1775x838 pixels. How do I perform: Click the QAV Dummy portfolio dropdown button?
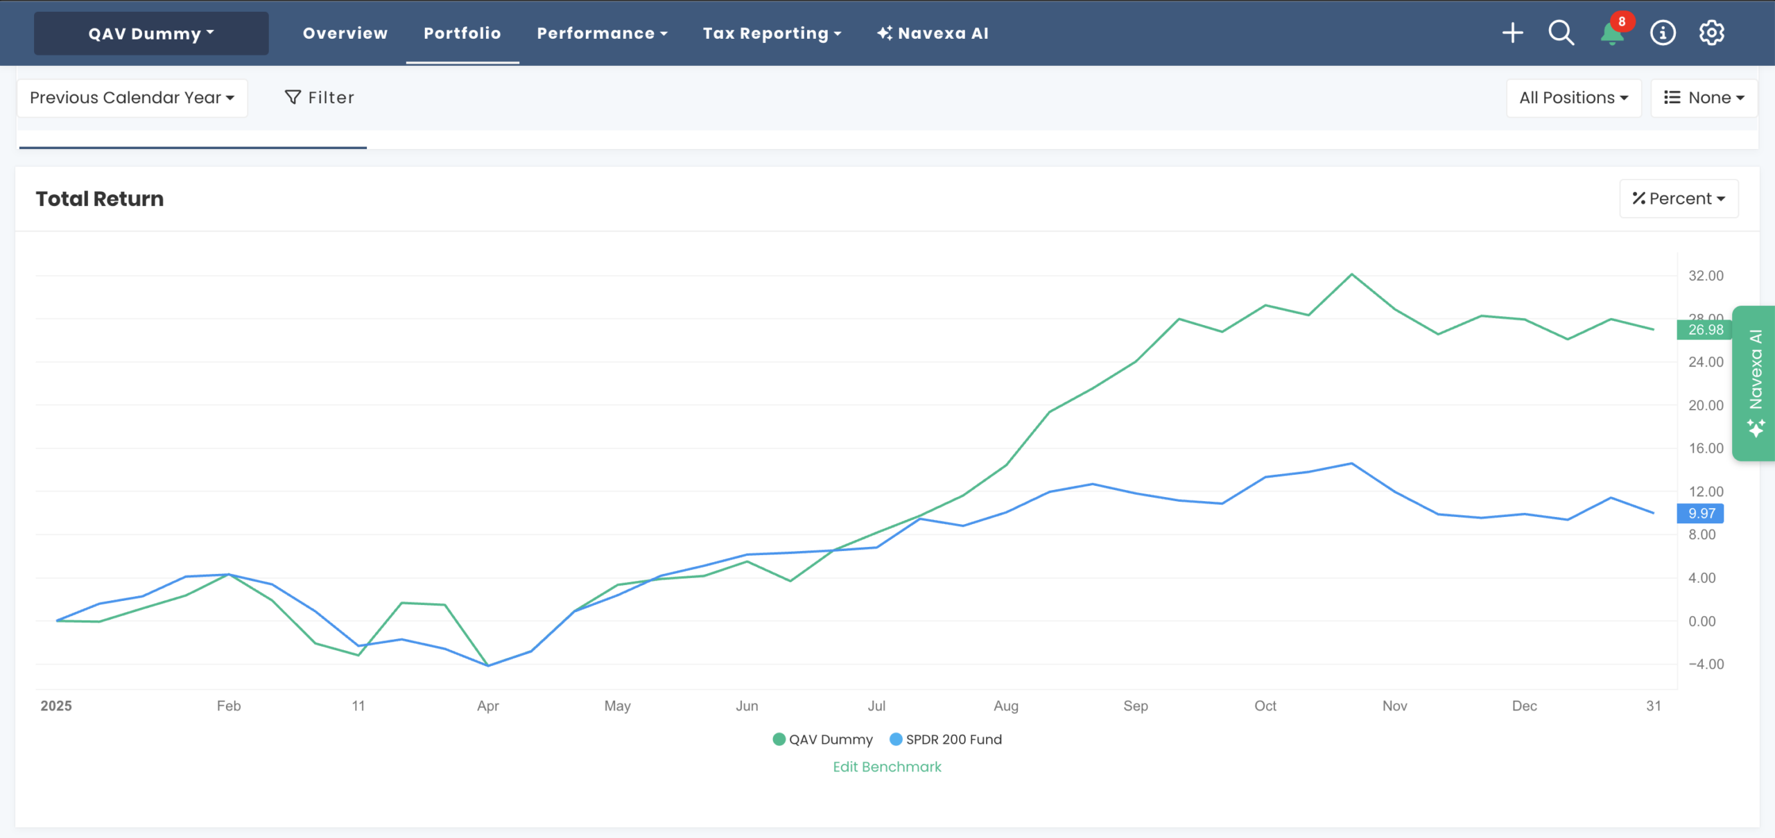(x=151, y=33)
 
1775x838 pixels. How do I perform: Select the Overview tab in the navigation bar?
(x=345, y=33)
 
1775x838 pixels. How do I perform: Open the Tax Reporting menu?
(x=771, y=33)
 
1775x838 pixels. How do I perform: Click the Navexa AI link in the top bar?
(x=933, y=33)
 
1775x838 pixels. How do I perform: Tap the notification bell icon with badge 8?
(x=1612, y=33)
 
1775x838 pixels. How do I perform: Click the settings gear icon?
(x=1711, y=33)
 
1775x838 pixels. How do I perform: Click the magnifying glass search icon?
(x=1561, y=33)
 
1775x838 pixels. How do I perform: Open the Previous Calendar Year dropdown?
(x=132, y=98)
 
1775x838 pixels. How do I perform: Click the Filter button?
(x=320, y=98)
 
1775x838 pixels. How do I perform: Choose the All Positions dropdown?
(x=1573, y=98)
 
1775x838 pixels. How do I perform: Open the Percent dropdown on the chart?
(x=1679, y=199)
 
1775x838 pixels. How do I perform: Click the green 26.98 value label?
(x=1705, y=330)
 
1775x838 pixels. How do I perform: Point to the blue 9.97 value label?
(x=1701, y=514)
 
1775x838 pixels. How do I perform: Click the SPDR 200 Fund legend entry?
(x=946, y=740)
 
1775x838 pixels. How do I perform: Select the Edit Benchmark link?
(x=887, y=767)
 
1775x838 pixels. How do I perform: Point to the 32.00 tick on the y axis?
(x=1705, y=276)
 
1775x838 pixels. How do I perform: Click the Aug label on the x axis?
(x=1005, y=706)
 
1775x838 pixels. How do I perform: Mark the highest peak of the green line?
(x=1351, y=274)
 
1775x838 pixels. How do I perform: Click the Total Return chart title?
(x=100, y=199)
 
